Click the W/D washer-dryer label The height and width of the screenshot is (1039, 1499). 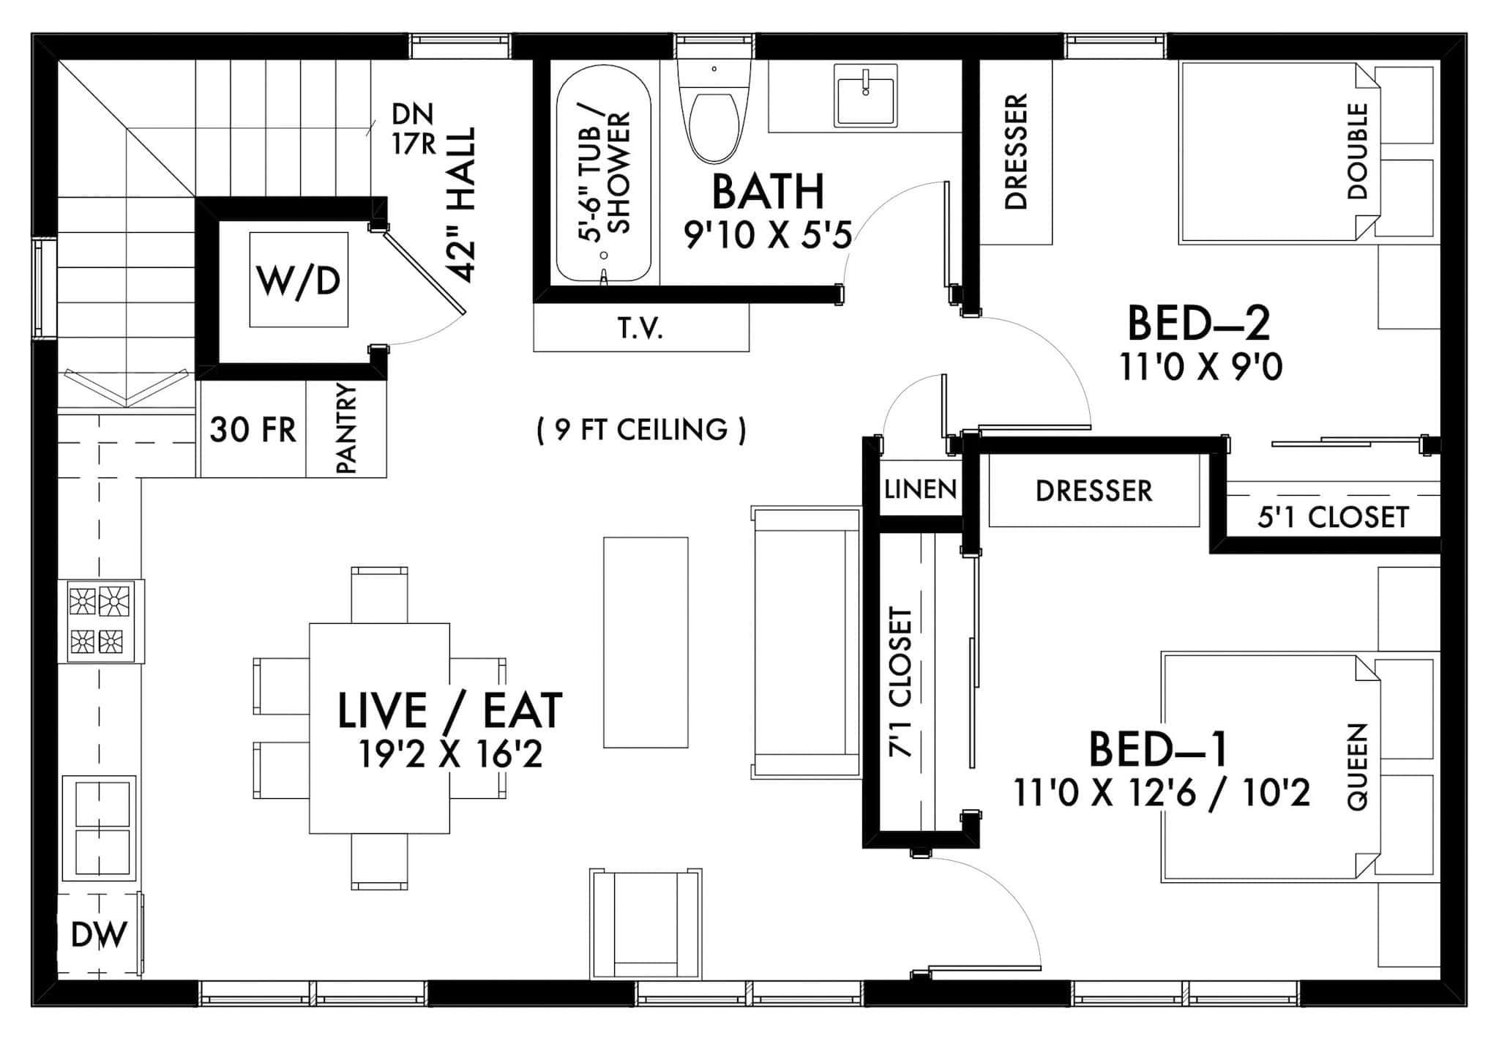299,280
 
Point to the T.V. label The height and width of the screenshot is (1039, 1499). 640,329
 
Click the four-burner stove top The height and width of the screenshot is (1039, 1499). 101,621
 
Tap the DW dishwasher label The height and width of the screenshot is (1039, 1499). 99,935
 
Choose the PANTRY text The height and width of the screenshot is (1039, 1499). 345,429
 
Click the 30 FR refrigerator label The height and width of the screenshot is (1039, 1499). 253,430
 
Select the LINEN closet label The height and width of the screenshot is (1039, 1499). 920,489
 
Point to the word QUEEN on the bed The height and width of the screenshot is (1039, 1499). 1358,766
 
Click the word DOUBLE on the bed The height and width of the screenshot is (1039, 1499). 1358,151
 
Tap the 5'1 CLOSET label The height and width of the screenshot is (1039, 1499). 1333,518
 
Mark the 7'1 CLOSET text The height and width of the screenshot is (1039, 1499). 900,681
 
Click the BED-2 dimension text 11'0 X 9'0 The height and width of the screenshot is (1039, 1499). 1201,367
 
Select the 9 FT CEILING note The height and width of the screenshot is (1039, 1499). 641,430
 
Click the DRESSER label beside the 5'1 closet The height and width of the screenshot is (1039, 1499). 1094,491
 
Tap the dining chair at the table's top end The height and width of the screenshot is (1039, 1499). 379,595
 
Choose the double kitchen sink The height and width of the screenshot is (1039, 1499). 99,827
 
